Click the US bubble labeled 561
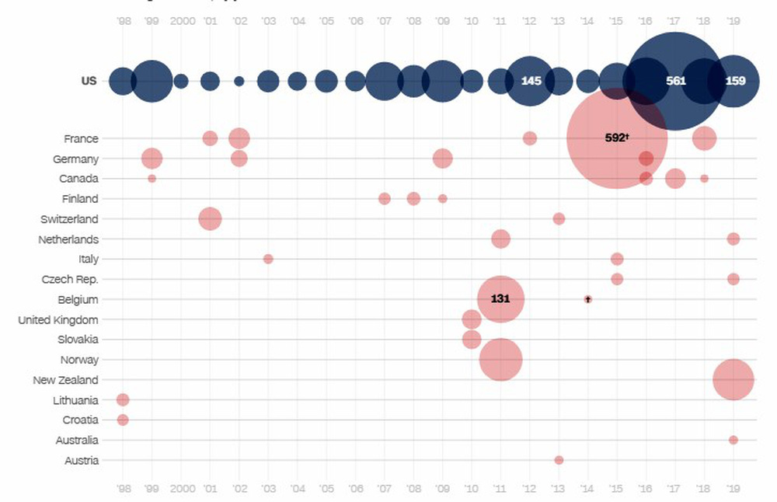click(674, 81)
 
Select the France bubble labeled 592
click(617, 138)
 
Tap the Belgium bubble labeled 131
click(500, 299)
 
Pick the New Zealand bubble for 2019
click(733, 380)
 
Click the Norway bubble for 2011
click(500, 360)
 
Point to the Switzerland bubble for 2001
click(210, 219)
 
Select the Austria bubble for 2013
click(559, 460)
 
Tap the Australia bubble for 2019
click(733, 440)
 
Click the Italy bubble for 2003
click(268, 259)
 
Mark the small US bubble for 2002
click(239, 81)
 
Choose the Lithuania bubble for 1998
click(123, 400)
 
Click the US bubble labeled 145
click(530, 81)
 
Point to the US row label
click(89, 81)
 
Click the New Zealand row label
click(65, 380)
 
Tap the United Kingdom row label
click(58, 319)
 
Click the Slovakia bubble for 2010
click(472, 340)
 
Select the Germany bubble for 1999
click(152, 159)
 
